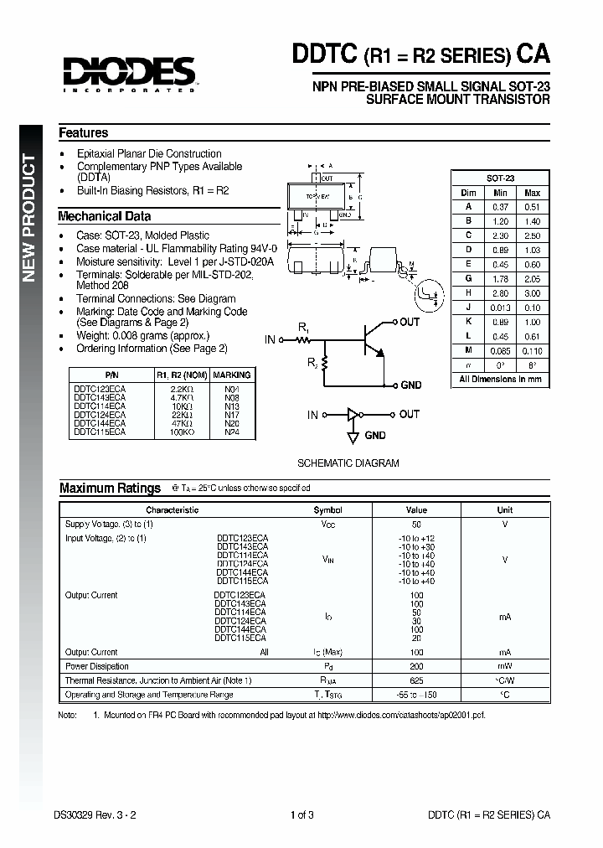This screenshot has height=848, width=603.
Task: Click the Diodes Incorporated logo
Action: pyautogui.click(x=128, y=73)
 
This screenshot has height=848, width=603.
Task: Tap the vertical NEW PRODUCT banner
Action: pyautogui.click(x=29, y=218)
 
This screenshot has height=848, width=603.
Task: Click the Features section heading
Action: pyautogui.click(x=83, y=133)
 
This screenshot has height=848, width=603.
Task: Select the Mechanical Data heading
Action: pyautogui.click(x=104, y=216)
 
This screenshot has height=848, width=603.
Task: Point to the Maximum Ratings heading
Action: pyautogui.click(x=110, y=488)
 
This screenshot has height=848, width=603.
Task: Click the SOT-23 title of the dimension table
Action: pyautogui.click(x=500, y=178)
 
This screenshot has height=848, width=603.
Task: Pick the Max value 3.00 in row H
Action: pyautogui.click(x=531, y=292)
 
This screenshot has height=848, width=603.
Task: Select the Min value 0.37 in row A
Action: pyautogui.click(x=501, y=207)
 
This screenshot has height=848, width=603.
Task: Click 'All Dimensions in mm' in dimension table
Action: pyautogui.click(x=500, y=379)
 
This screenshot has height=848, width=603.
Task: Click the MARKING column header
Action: pyautogui.click(x=232, y=375)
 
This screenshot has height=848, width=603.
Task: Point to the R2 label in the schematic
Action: pyautogui.click(x=312, y=361)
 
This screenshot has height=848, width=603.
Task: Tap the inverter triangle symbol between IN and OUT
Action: pyautogui.click(x=352, y=415)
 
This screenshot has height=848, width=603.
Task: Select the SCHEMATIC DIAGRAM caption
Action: pyautogui.click(x=348, y=463)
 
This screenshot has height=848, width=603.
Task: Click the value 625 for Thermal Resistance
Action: pyautogui.click(x=416, y=680)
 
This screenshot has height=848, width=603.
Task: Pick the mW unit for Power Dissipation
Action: pyautogui.click(x=505, y=666)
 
